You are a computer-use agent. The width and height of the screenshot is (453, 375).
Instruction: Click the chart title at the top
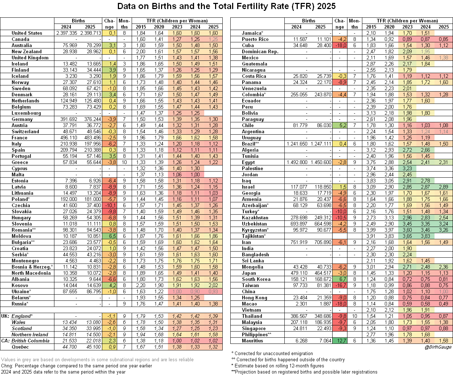[226, 6]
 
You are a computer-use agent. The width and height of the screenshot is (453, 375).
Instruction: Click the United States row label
[27, 33]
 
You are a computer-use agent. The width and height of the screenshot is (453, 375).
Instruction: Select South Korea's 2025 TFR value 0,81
[444, 279]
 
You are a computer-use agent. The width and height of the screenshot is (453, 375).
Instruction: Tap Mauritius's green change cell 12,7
[339, 341]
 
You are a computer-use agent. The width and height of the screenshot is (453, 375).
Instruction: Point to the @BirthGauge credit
[438, 347]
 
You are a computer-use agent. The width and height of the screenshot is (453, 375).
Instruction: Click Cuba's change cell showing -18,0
[339, 45]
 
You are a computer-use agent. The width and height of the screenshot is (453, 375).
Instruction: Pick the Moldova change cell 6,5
[109, 236]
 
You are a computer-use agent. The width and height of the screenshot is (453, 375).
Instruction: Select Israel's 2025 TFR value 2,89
[444, 187]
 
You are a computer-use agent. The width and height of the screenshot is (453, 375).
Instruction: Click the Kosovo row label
[20, 285]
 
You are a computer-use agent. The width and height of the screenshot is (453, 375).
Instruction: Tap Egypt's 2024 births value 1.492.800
[296, 162]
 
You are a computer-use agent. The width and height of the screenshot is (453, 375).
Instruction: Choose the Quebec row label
[20, 347]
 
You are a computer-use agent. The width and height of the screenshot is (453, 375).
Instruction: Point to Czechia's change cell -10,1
[109, 205]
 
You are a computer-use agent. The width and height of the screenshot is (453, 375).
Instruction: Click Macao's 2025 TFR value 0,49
[444, 304]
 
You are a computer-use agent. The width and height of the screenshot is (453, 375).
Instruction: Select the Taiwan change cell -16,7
[339, 285]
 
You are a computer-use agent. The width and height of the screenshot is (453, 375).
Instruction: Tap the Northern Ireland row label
[30, 334]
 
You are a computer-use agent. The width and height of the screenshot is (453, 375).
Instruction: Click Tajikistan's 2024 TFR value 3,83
[425, 236]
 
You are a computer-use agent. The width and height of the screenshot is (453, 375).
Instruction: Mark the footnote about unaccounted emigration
[272, 353]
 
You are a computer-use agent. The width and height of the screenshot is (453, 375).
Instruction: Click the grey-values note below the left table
[97, 360]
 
